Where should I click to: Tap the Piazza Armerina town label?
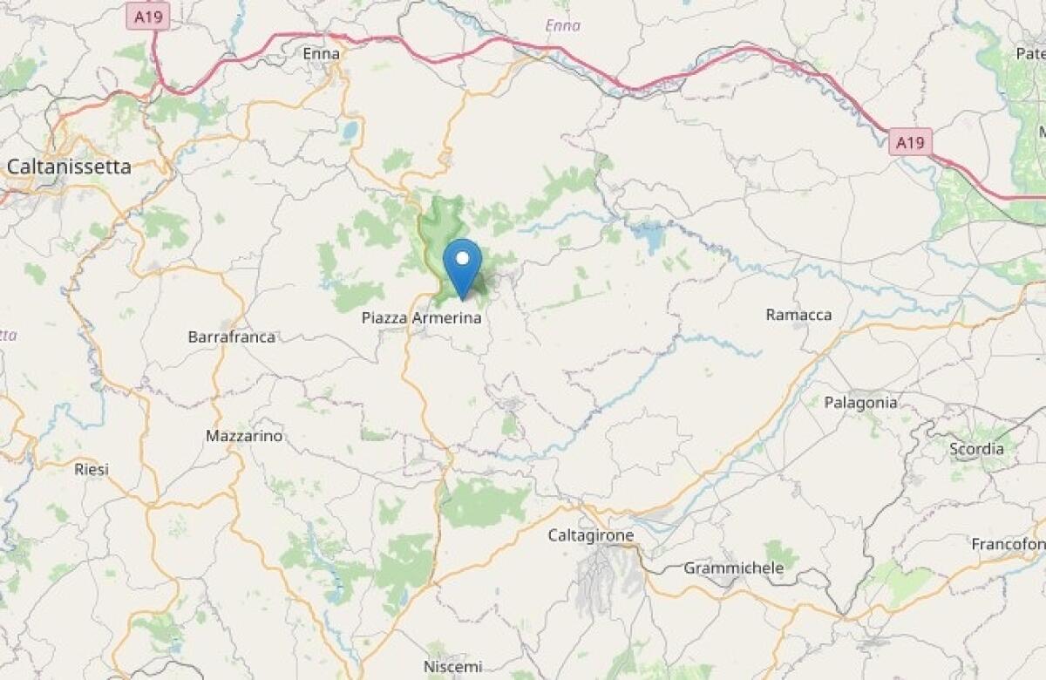[x=421, y=318]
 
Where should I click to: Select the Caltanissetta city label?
[x=69, y=166]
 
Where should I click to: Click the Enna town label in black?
[x=320, y=54]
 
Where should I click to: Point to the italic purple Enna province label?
[x=562, y=25]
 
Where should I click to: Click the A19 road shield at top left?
[x=148, y=16]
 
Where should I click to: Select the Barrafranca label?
[x=232, y=337]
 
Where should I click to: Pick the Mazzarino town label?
[x=244, y=435]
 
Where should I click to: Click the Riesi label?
[x=92, y=469]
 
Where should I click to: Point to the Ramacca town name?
[x=798, y=315]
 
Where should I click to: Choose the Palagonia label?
[x=860, y=403]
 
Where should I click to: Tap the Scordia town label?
[x=976, y=449]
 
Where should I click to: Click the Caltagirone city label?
[x=590, y=534]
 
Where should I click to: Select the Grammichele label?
[x=733, y=568]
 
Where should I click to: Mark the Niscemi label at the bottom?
[x=452, y=667]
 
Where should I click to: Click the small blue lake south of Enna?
[x=350, y=131]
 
